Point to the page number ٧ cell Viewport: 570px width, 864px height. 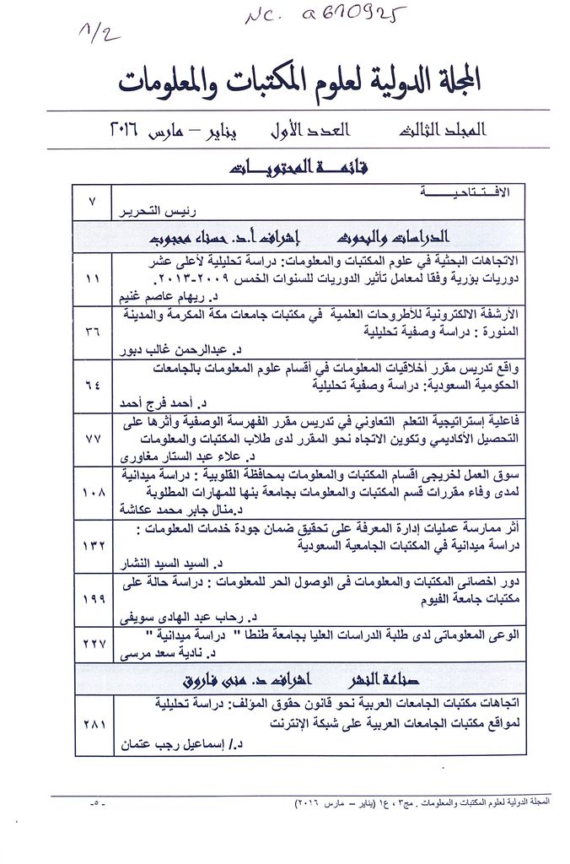(93, 202)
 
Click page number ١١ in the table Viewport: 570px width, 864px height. (93, 278)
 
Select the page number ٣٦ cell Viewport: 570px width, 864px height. (93, 332)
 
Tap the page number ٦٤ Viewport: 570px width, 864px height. (93, 386)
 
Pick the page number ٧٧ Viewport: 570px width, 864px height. (93, 439)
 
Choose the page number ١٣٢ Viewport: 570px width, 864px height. (93, 546)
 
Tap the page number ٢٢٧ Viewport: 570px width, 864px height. (93, 644)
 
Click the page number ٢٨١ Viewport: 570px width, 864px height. (93, 723)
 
